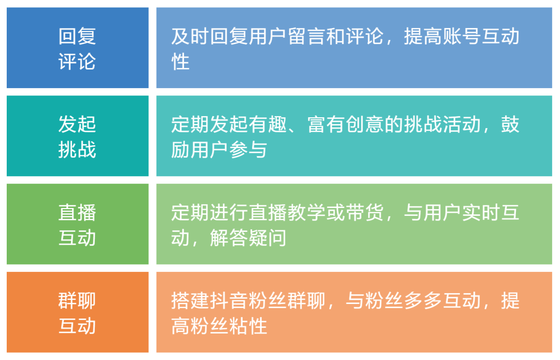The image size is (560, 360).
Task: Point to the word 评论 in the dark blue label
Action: pyautogui.click(x=77, y=62)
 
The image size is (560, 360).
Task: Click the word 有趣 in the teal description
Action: pyautogui.click(x=268, y=125)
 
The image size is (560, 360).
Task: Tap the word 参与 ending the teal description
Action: pyautogui.click(x=248, y=150)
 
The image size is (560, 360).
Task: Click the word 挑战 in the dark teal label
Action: pyautogui.click(x=77, y=150)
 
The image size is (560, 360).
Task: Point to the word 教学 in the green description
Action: pyautogui.click(x=306, y=213)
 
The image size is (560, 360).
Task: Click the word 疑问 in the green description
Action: pyautogui.click(x=268, y=238)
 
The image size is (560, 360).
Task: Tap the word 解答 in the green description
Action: pyautogui.click(x=229, y=238)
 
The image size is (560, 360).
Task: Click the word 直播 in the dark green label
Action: pyautogui.click(x=77, y=213)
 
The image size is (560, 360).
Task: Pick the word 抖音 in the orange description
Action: pyautogui.click(x=229, y=301)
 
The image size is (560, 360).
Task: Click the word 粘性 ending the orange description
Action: pyautogui.click(x=248, y=326)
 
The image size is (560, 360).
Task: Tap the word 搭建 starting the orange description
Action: pyautogui.click(x=190, y=301)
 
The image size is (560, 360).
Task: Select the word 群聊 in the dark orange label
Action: pyautogui.click(x=77, y=301)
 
